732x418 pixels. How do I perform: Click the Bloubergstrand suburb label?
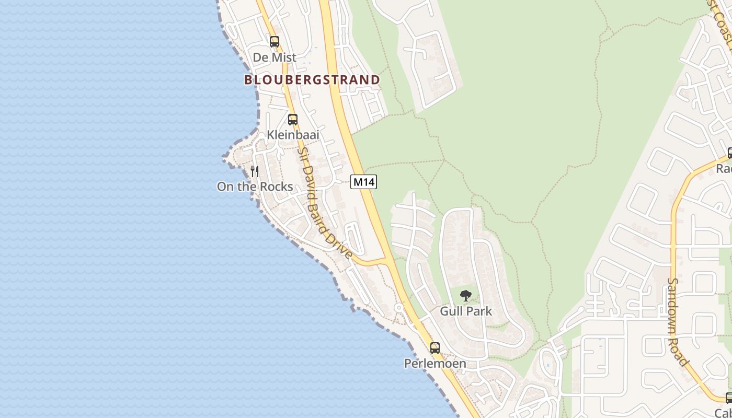[312, 80]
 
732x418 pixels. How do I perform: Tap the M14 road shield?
[363, 182]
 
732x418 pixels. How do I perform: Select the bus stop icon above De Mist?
[274, 42]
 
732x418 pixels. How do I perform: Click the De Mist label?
[274, 57]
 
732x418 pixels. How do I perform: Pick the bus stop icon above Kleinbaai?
[293, 120]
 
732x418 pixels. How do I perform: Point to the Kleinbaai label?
[293, 135]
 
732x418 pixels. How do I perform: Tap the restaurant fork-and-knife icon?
[255, 171]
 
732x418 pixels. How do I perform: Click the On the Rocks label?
[255, 187]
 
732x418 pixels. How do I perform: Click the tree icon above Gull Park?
[465, 296]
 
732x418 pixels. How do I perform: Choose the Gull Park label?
[466, 311]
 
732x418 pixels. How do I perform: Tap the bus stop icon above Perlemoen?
[435, 347]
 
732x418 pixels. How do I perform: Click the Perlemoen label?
[435, 363]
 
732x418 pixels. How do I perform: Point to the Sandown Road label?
[677, 321]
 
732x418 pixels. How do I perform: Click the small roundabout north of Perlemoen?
[399, 308]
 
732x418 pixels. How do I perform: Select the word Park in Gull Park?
[480, 311]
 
